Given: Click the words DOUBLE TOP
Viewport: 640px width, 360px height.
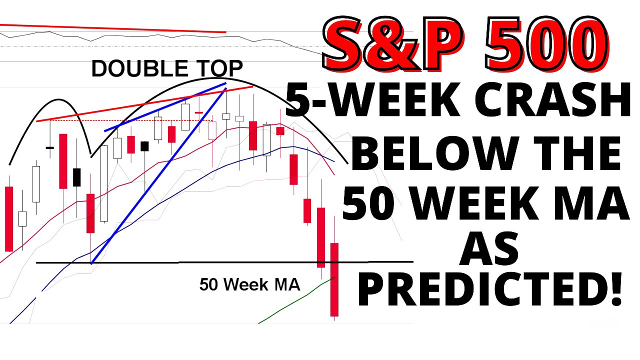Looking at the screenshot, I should point(167,69).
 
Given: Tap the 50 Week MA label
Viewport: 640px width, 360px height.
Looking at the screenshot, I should point(249,284).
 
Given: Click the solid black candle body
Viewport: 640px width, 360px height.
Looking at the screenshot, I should point(76,177).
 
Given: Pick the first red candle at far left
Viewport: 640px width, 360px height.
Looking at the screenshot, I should point(8,218).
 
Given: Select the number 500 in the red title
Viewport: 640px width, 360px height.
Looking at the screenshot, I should point(545,44).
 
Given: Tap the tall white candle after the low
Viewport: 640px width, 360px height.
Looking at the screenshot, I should point(103,183).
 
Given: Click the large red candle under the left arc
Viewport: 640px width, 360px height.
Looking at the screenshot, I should point(63,161).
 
